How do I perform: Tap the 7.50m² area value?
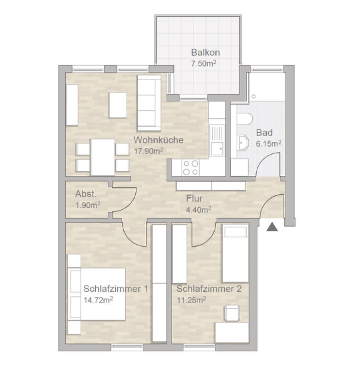point(203,63)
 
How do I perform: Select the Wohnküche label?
point(158,140)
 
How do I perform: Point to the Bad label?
point(264,133)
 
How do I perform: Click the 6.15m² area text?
point(269,143)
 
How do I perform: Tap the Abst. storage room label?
point(85,194)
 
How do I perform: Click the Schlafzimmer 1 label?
point(116,289)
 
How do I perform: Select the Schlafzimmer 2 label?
point(208,289)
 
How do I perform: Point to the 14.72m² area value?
point(98,301)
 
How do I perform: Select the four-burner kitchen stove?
point(190,167)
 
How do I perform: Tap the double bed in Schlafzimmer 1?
point(98,294)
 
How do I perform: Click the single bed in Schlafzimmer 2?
point(236,255)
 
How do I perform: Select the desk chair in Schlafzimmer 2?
point(232,312)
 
